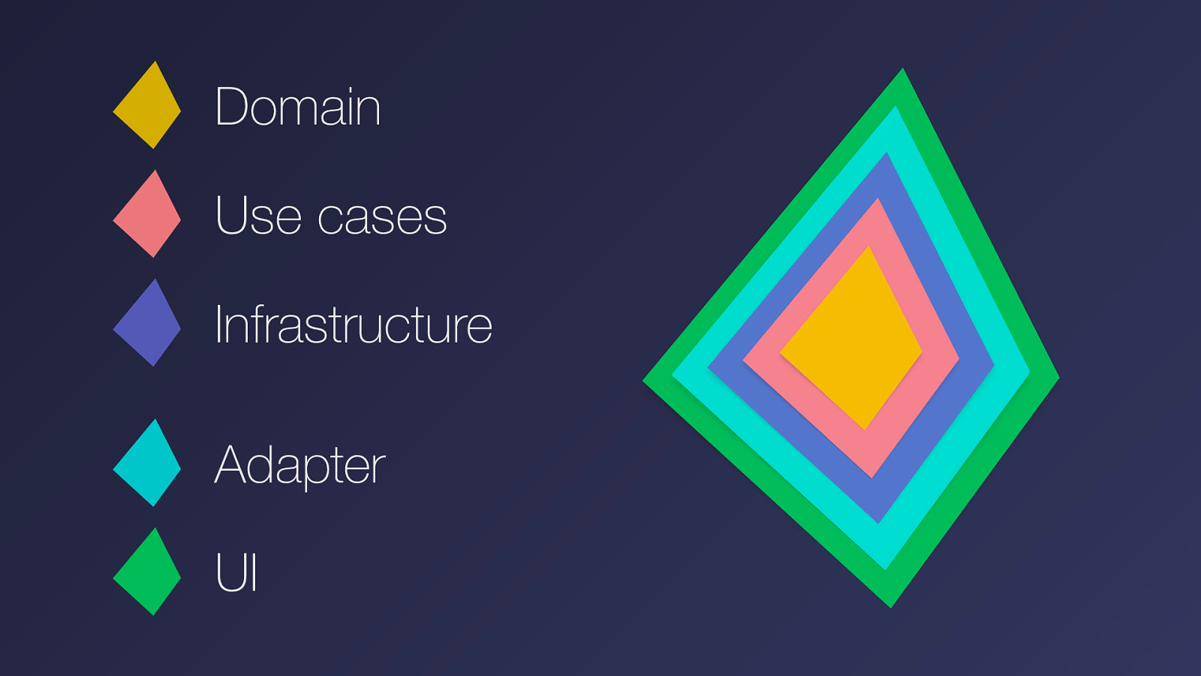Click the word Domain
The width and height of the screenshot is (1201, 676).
coord(297,107)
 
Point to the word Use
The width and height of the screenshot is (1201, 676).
coord(258,216)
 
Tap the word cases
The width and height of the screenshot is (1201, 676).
coord(382,217)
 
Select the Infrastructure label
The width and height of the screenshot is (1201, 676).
coord(353,324)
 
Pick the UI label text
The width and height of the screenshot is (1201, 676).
coord(236,572)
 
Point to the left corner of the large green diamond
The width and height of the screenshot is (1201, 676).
coord(647,381)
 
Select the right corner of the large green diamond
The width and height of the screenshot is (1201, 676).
coord(1055,378)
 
